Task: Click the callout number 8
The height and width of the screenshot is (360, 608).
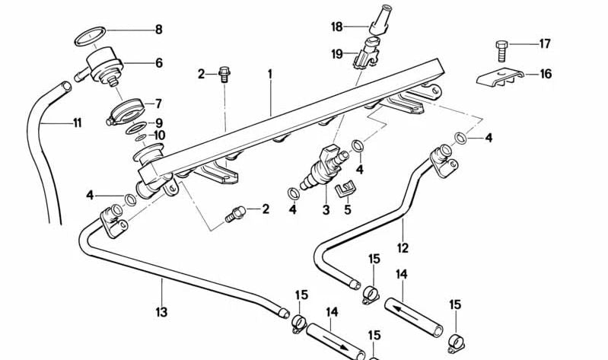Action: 158,30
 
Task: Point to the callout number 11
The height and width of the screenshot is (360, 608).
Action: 77,123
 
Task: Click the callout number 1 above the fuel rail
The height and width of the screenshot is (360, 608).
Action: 269,74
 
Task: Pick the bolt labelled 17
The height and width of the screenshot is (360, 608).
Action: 501,50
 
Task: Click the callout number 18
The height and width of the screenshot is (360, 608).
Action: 337,27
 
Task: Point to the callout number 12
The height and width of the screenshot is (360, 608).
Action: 403,247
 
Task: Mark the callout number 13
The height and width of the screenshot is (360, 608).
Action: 161,311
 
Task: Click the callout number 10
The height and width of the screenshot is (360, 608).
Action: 159,135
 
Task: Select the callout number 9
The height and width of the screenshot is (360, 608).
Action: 158,123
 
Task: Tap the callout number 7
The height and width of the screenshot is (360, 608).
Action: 158,103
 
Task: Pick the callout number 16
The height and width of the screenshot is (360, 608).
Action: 546,74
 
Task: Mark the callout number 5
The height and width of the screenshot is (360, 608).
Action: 348,209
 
